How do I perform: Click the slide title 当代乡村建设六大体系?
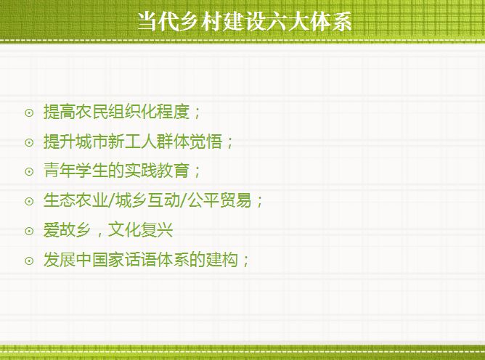coord(245,22)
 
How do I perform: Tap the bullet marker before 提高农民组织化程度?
coord(29,113)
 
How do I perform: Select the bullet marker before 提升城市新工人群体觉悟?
coord(29,142)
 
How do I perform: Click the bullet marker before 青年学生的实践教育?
coord(29,171)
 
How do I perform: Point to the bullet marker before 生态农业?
coord(29,201)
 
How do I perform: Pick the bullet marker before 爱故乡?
coord(29,231)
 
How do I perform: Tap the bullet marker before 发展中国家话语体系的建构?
coord(29,261)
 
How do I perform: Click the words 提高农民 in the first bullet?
coord(76,112)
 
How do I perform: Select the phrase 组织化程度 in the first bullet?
coord(149,112)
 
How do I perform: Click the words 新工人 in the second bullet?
coord(133,141)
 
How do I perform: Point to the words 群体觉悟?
coord(189,141)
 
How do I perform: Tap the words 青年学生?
coord(76,171)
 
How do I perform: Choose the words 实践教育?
coord(157,171)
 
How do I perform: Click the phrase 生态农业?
coord(76,200)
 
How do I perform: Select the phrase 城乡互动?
coord(147,200)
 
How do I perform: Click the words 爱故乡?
coord(68,230)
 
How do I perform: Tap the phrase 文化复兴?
coord(140,230)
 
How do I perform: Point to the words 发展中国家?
coord(83,259)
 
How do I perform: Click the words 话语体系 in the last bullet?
coord(157,259)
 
